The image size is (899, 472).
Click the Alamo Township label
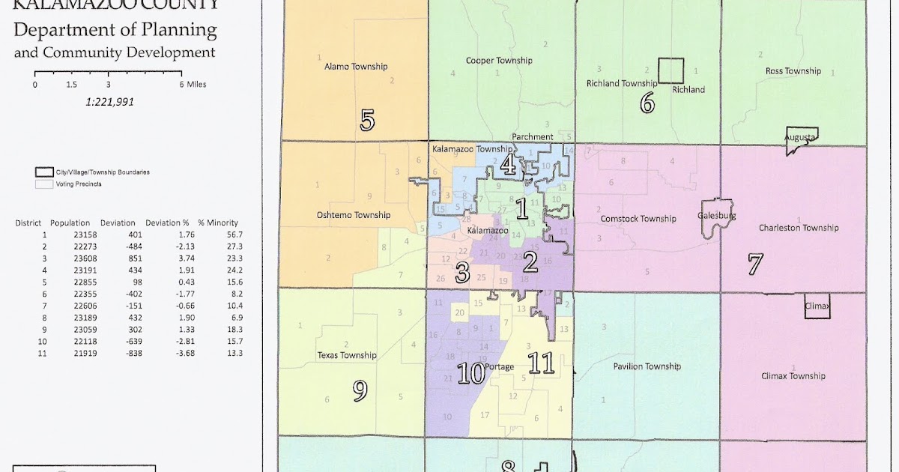point(356,67)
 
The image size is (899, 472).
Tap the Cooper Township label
point(498,61)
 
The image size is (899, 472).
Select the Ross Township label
point(793,71)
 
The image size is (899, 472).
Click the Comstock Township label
point(638,219)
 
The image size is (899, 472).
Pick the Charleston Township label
point(799,228)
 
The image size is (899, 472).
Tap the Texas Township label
point(347,355)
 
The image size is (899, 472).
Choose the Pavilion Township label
point(647,366)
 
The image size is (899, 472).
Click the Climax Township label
point(793,376)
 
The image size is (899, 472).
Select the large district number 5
point(367,121)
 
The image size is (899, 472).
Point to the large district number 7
point(754,264)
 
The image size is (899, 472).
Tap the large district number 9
point(360,390)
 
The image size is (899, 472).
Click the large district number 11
point(540,364)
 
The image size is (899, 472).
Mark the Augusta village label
point(799,138)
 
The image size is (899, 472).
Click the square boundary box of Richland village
point(671,70)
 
